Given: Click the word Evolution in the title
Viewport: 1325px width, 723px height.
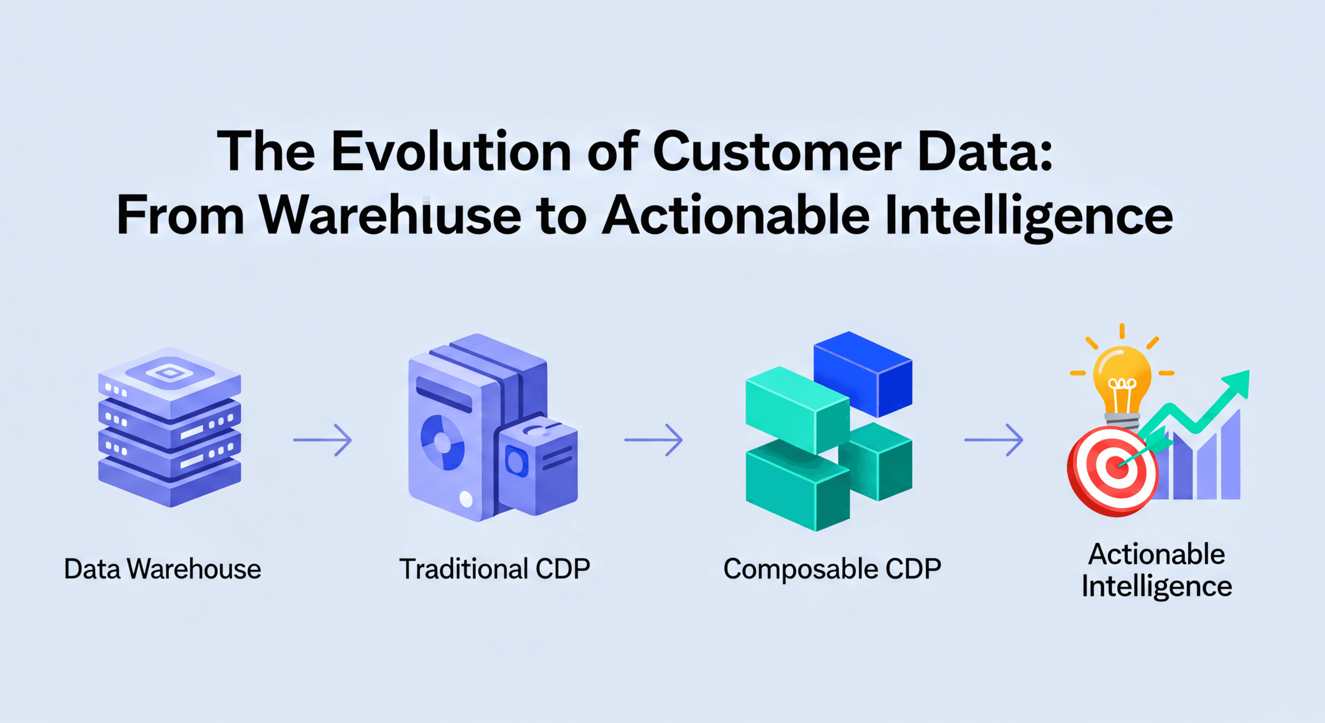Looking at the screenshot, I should (451, 152).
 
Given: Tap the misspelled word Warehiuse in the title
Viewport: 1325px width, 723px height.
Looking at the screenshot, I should (390, 215).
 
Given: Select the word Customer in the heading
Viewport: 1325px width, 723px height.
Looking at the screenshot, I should (777, 152).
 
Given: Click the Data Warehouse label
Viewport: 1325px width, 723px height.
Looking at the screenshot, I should (162, 569).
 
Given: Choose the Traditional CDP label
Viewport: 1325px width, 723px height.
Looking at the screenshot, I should (495, 569).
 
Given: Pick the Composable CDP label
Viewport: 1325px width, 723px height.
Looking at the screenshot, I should (832, 569).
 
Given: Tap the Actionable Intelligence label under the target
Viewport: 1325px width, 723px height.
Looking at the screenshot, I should (1156, 570).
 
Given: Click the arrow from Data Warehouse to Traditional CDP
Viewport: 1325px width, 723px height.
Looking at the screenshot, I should (323, 440).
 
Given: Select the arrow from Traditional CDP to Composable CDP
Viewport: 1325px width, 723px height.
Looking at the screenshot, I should (654, 440).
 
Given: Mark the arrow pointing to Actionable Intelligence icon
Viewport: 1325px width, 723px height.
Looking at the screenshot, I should (994, 440).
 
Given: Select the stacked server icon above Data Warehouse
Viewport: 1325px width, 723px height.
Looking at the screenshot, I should (170, 427).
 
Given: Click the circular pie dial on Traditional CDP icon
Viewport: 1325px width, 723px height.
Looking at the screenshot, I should (442, 442).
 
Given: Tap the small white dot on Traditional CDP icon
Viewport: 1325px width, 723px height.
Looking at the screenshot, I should (466, 498).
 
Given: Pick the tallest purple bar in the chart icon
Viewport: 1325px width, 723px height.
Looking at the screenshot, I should (1230, 456).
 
